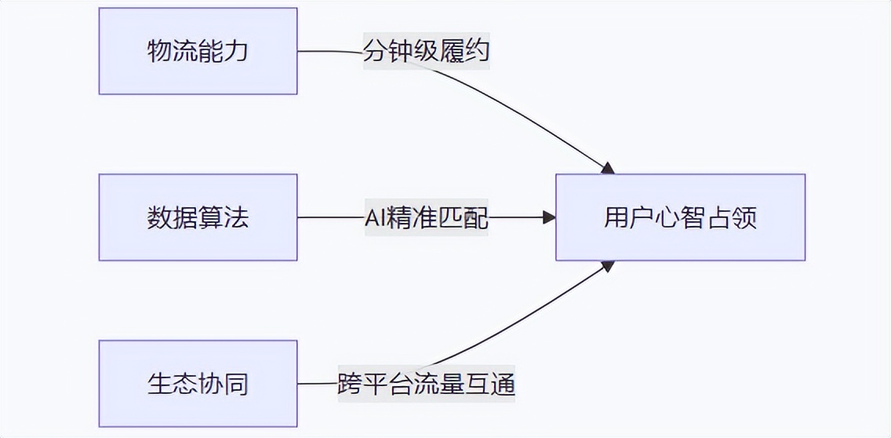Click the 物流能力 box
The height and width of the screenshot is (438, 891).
coord(198,51)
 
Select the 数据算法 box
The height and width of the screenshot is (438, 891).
coord(198,217)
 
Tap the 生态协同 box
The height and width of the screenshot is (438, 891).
coord(198,384)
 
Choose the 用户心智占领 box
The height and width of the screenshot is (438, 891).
coord(680,217)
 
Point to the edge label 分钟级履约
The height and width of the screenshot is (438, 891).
coord(426,52)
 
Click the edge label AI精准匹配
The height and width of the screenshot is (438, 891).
coord(426,217)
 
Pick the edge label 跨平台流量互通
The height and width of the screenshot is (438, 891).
coord(426,384)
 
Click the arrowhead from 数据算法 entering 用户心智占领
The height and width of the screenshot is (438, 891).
coord(549,217)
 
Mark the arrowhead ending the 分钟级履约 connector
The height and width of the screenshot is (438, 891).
coord(606,167)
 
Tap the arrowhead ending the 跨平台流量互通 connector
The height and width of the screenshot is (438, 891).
coord(606,267)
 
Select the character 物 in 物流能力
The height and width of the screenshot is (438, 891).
coord(159,51)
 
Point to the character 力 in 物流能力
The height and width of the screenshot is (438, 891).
coord(236,51)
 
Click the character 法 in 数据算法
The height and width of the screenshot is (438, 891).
coord(236,217)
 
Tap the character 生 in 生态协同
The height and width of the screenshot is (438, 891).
coord(159,384)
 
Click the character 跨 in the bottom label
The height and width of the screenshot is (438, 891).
coord(350,384)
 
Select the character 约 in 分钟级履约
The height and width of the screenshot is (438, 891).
coord(477,52)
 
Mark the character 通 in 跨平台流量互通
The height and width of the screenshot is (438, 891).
coord(502,384)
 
